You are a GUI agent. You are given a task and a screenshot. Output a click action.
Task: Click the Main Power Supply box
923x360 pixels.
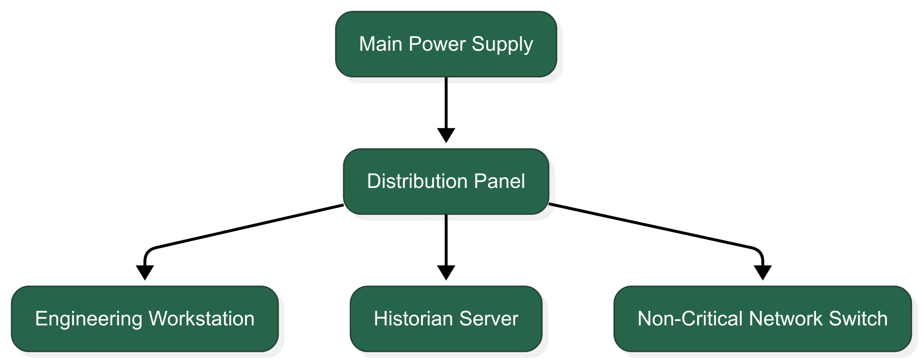click(446, 44)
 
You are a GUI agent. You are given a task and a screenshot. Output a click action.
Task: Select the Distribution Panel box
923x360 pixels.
click(446, 181)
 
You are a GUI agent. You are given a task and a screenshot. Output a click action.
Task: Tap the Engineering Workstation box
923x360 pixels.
click(145, 319)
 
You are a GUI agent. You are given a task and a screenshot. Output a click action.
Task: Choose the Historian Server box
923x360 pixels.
click(446, 319)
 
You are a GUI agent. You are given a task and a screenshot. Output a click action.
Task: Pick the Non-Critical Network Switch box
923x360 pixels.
click(763, 319)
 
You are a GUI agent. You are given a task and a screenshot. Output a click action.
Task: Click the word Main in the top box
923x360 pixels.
click(381, 44)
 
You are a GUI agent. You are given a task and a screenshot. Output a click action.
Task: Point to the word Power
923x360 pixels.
click(437, 44)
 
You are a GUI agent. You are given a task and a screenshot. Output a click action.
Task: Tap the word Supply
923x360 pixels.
click(502, 45)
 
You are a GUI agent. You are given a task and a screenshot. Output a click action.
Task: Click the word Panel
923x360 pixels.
click(499, 181)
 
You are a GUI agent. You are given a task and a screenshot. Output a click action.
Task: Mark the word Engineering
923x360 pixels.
click(89, 320)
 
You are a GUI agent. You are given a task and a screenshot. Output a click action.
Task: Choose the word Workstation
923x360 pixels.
click(202, 319)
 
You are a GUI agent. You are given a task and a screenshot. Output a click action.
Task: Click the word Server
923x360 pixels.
click(489, 319)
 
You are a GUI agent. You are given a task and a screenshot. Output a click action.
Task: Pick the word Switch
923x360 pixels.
click(858, 319)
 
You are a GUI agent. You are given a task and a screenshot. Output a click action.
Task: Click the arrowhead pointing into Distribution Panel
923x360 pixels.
click(446, 135)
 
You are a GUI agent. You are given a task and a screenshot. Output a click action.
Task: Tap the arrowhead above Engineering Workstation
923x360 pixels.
click(145, 273)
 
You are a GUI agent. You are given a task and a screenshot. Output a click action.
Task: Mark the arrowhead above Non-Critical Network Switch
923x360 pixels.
click(763, 273)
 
